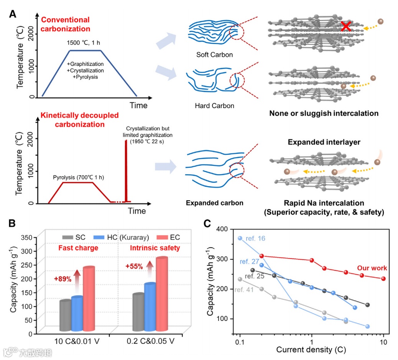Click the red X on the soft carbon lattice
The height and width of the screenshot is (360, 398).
tap(346, 26)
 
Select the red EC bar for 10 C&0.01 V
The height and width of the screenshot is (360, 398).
tap(89, 299)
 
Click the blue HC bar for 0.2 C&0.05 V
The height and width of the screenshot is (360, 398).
tap(149, 306)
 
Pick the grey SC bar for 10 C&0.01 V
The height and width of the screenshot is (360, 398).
tap(65, 316)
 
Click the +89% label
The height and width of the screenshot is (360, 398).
tap(62, 279)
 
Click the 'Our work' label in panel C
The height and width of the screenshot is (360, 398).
tap(372, 268)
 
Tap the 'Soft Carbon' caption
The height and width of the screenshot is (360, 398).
tap(214, 55)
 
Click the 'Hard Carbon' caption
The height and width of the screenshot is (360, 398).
tap(214, 105)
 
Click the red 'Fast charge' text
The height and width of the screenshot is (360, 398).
tap(78, 248)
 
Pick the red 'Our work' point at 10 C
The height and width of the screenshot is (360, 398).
tap(383, 279)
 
